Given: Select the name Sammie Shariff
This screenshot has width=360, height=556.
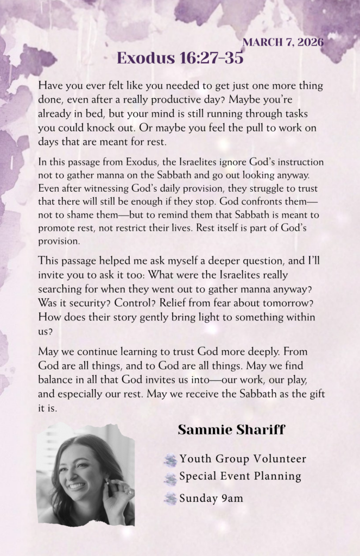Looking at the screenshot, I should [231, 431].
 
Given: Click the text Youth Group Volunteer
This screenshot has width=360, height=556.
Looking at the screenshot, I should [243, 459].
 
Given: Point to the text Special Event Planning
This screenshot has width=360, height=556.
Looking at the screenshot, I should [240, 477].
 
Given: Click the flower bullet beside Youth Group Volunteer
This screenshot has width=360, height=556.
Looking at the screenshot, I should [170, 461].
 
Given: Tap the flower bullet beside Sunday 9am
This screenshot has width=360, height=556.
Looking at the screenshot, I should [170, 498].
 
